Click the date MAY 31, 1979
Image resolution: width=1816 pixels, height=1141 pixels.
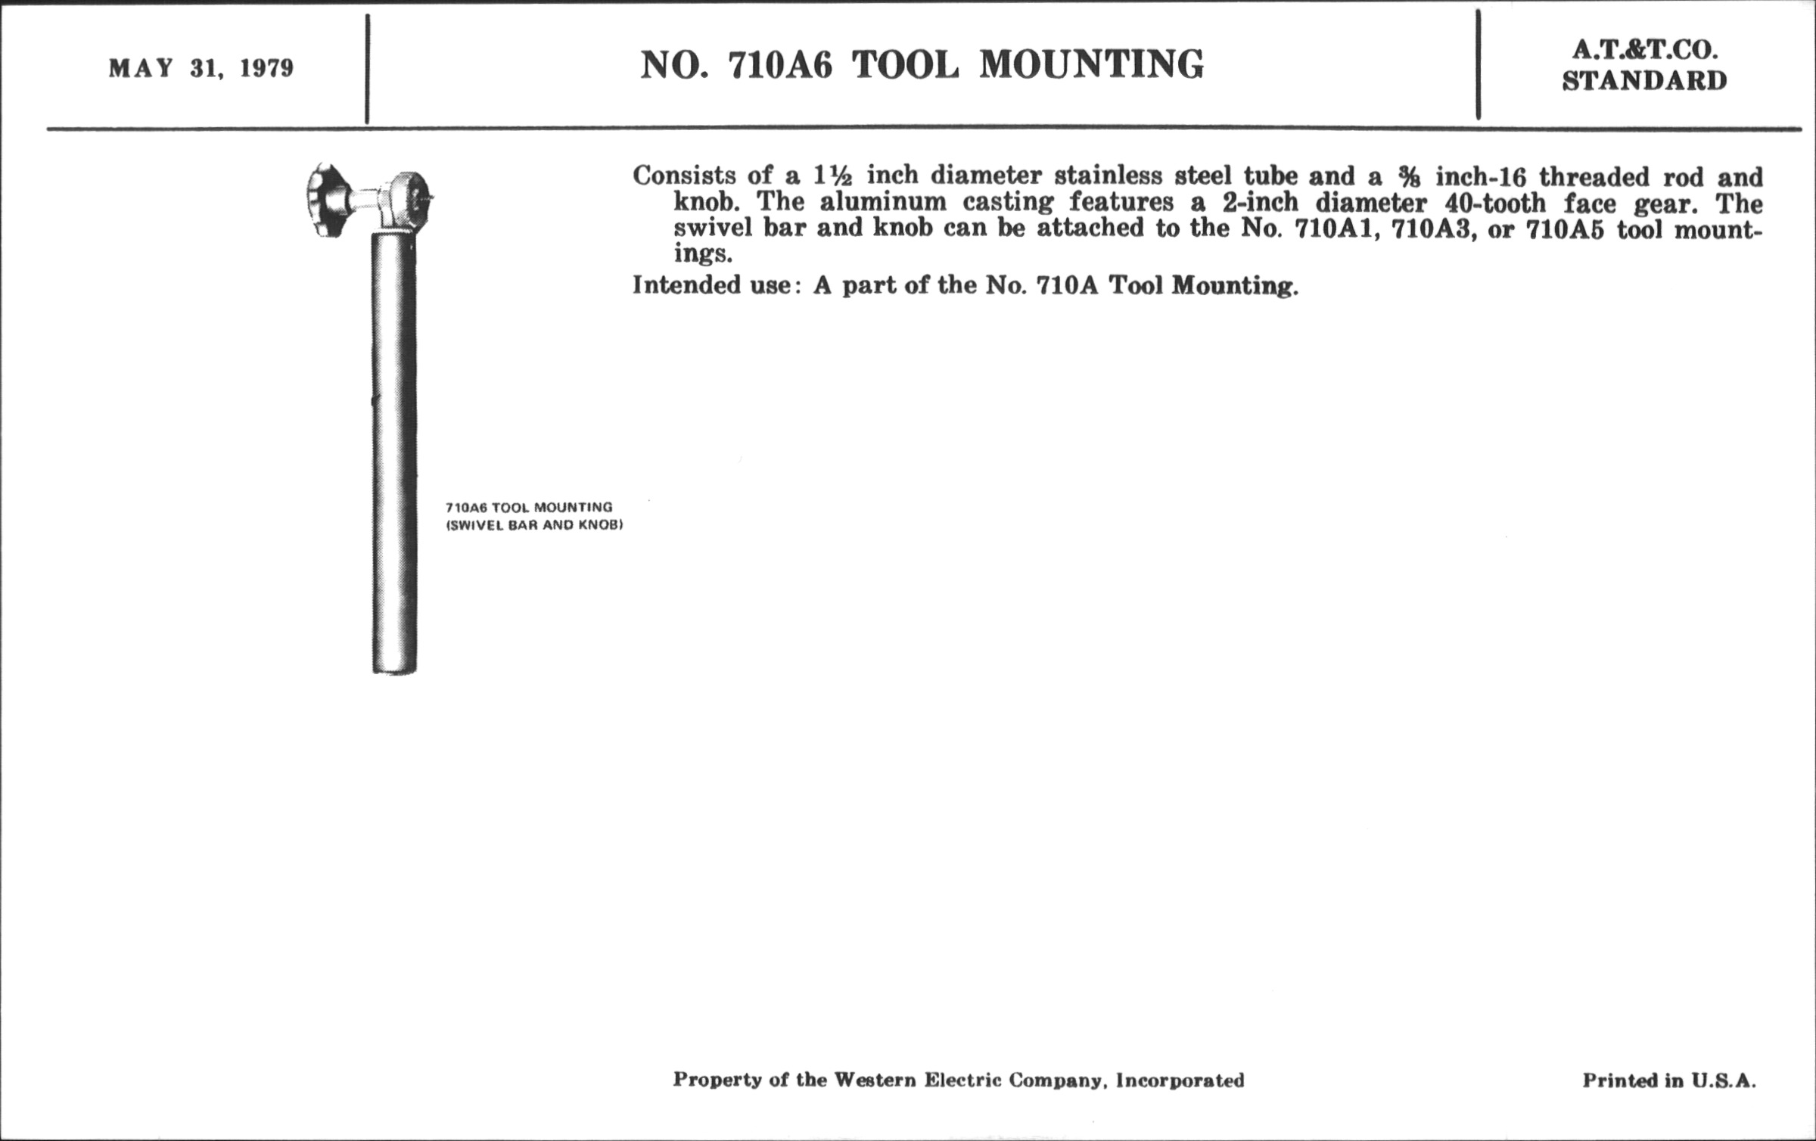click(201, 69)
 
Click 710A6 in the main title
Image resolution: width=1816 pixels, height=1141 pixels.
click(779, 65)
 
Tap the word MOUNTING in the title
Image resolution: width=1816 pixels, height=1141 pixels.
click(1091, 65)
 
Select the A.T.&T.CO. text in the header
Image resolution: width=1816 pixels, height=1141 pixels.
click(1644, 50)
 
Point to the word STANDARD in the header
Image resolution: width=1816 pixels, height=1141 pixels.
click(1644, 80)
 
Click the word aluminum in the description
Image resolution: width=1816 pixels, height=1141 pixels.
click(883, 203)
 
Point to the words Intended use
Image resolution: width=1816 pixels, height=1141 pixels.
click(711, 285)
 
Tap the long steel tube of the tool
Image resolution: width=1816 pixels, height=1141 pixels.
click(394, 454)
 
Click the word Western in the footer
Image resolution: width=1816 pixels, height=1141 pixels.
click(876, 1080)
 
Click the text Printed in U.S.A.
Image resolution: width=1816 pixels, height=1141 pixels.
click(1668, 1080)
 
